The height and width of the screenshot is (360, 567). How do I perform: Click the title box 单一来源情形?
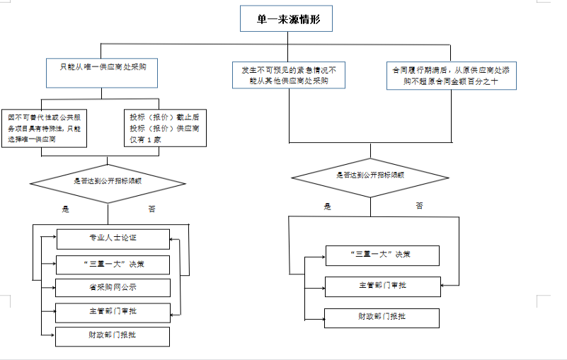285,20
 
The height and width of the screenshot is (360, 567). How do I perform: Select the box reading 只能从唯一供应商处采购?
102,69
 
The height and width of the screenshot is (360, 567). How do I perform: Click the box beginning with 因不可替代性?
47,127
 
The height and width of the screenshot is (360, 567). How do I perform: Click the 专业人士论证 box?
113,239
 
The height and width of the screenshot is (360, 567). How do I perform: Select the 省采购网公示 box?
113,288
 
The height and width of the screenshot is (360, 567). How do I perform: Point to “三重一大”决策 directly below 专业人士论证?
113,265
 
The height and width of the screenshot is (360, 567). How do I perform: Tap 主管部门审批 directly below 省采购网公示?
113,312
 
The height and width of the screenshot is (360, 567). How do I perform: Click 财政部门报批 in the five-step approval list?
113,336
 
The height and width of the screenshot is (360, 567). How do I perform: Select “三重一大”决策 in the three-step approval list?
382,255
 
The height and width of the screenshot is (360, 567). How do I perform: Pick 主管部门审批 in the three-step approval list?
382,286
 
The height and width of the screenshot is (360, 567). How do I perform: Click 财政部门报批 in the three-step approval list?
382,318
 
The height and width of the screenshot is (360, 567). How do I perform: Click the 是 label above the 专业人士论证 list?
66,209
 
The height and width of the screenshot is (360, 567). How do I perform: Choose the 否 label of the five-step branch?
152,209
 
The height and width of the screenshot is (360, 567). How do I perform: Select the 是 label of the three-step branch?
328,207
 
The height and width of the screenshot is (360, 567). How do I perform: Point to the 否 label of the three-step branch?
420,205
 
